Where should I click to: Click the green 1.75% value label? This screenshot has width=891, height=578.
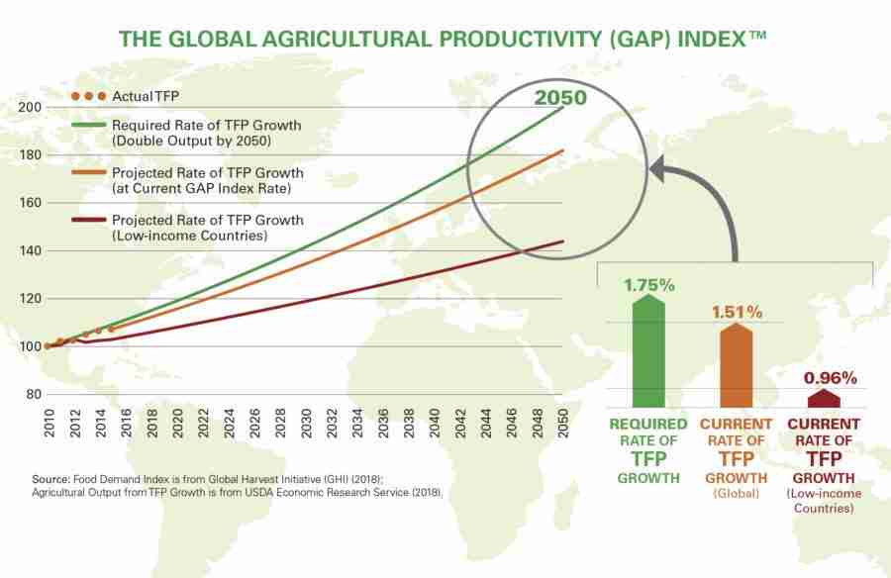[x=648, y=285]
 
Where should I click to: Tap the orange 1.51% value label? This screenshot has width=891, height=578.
[x=737, y=313]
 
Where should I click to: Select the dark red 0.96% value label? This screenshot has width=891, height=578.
[x=830, y=378]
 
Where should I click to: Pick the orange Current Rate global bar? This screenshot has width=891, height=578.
[x=737, y=365]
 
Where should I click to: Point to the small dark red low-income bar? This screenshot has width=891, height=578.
[x=822, y=398]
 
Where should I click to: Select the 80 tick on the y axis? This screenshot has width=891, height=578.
[x=33, y=394]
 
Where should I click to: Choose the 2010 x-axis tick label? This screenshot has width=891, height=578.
[x=49, y=425]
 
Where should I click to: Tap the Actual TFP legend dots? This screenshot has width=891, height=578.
[x=87, y=96]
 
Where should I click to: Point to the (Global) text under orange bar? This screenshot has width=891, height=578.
[x=737, y=492]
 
